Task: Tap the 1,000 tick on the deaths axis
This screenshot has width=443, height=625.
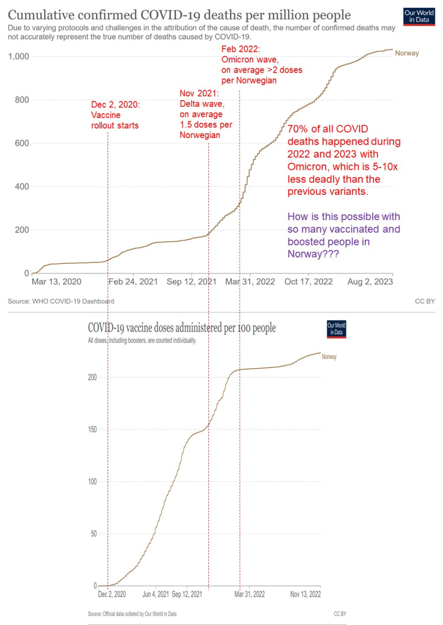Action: click(19, 56)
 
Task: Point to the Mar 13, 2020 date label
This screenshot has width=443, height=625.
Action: click(56, 282)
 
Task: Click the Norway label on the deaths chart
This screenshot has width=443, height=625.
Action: click(407, 53)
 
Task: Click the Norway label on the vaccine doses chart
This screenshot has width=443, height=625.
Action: click(329, 357)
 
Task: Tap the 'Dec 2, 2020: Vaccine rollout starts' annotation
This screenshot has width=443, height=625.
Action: click(115, 115)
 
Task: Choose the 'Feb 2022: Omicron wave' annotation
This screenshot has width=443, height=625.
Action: click(261, 63)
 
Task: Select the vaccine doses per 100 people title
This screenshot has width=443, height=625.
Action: click(182, 327)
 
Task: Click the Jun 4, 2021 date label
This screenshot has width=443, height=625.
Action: click(156, 594)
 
